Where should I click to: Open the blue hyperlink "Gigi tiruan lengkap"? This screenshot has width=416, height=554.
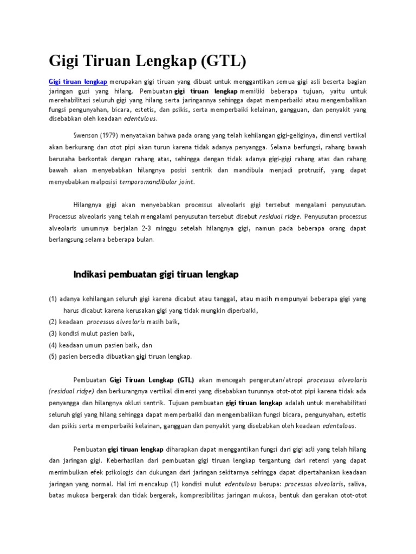pos(78,82)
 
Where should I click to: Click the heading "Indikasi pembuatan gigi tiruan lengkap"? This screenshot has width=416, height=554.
pos(155,275)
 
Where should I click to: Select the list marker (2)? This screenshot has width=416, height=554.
pos(53,322)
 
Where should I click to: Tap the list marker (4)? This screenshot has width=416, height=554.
pos(53,345)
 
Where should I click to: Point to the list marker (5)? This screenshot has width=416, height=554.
pos(53,357)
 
